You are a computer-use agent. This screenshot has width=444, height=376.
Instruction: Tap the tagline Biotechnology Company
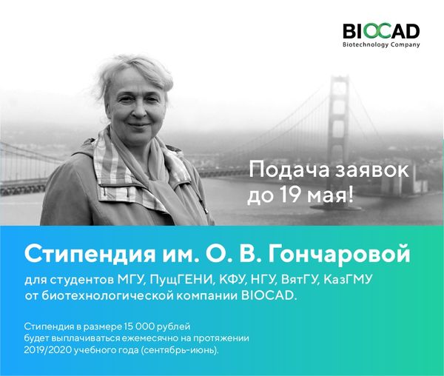pyautogui.click(x=381, y=44)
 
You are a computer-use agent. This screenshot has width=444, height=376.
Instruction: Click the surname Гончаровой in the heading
pyautogui.click(x=339, y=255)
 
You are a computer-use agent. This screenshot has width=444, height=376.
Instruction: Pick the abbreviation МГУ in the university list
pyautogui.click(x=129, y=280)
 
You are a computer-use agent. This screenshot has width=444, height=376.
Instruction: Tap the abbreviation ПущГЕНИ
pyautogui.click(x=181, y=281)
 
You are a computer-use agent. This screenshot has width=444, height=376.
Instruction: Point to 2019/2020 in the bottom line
pyautogui.click(x=47, y=350)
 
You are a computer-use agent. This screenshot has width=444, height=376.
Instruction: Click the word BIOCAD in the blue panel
pyautogui.click(x=269, y=296)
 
